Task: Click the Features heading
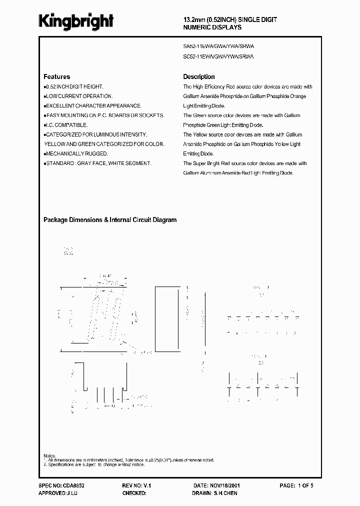point(57,77)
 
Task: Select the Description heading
point(199,77)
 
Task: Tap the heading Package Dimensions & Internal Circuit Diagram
point(110,220)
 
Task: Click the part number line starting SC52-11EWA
point(219,57)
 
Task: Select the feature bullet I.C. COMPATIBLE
point(66,125)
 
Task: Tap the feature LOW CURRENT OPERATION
point(79,96)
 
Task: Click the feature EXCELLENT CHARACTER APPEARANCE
point(93,105)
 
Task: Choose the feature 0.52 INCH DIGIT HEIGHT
point(74,86)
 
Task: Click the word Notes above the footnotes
point(49,455)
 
